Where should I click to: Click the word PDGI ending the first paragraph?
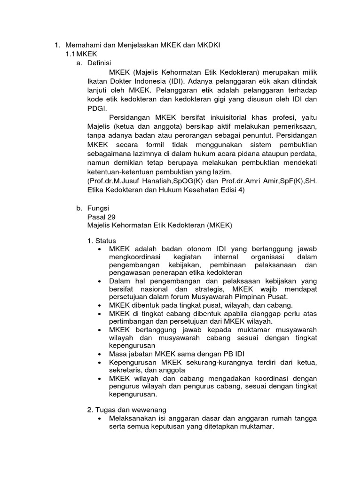point(96,108)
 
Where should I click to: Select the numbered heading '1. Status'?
point(102,240)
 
